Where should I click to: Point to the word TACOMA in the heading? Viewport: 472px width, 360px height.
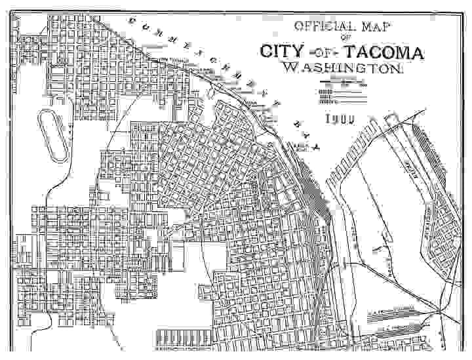(x=386, y=52)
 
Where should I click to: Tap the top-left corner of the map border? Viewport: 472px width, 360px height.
(x=11, y=12)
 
